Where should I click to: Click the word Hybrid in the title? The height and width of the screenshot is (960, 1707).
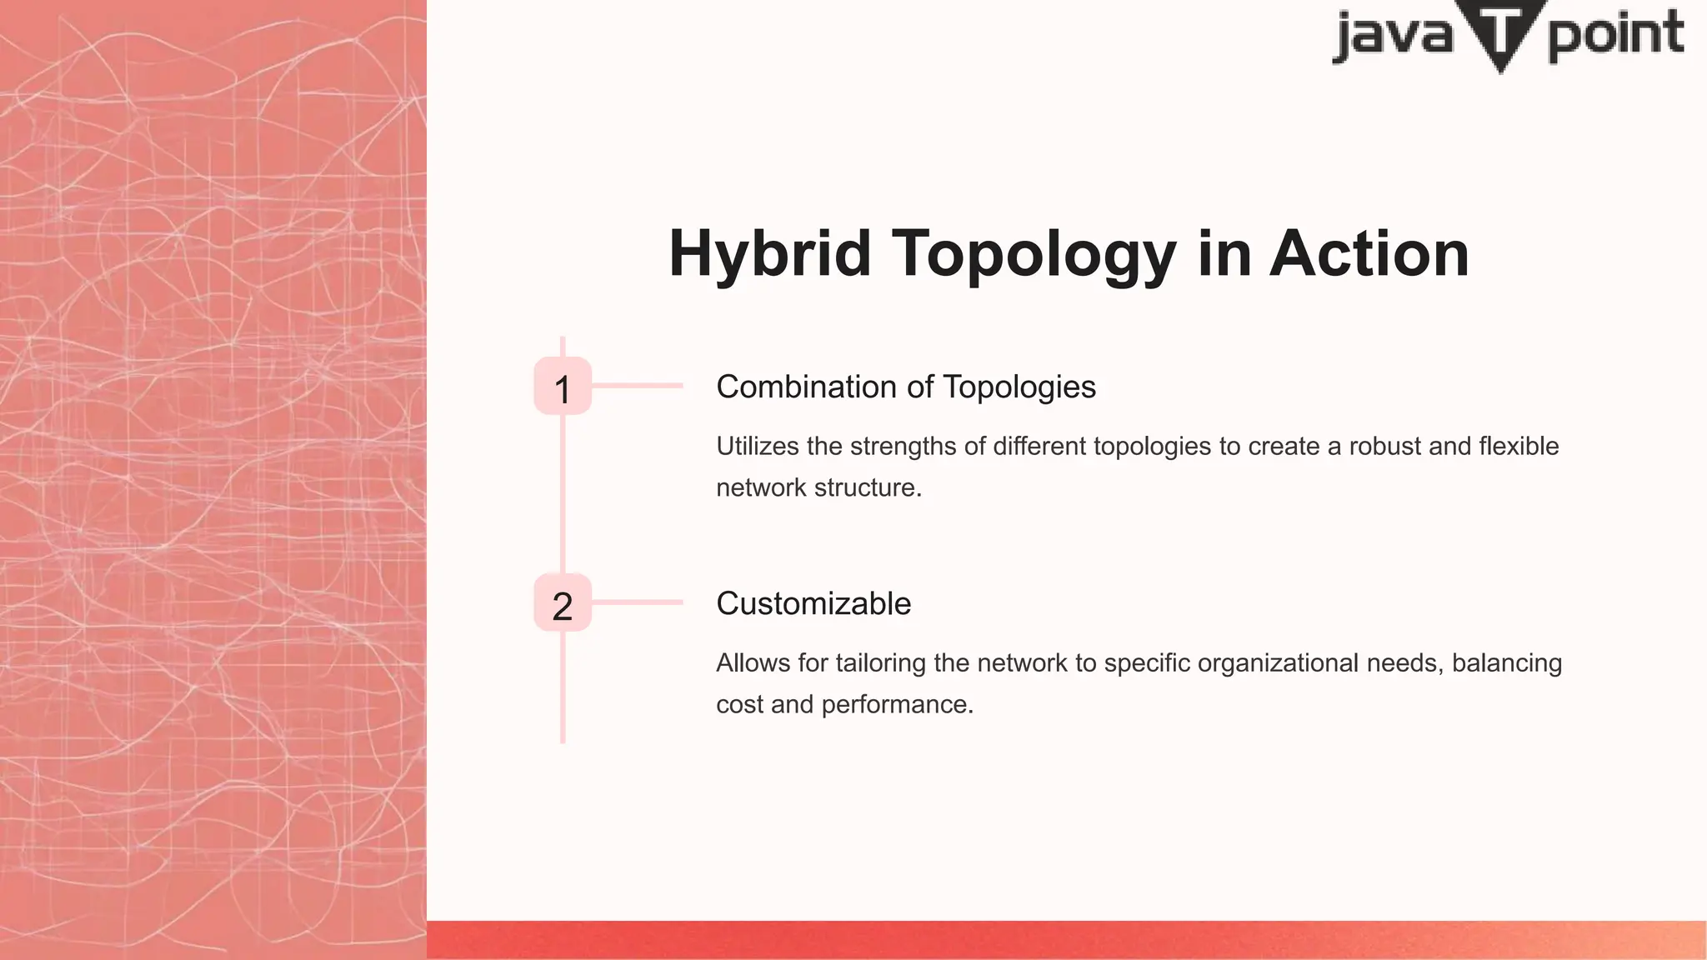769,254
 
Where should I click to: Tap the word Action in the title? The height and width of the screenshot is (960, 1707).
1369,254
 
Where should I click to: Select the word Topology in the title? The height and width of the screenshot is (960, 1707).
1034,254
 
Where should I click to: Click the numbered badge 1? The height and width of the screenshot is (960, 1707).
563,387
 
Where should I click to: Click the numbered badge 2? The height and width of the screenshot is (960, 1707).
563,603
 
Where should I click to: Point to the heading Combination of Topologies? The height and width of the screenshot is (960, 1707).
906,387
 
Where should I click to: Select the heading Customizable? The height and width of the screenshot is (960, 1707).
813,604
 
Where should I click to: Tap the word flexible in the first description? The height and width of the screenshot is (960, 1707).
1519,447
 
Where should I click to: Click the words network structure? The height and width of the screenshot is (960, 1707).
818,488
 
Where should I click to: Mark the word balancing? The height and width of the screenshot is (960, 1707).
1507,663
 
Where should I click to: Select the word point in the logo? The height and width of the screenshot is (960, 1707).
1615,35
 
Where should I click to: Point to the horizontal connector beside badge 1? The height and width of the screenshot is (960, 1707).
638,386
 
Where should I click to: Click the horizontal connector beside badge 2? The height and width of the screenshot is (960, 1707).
638,602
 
